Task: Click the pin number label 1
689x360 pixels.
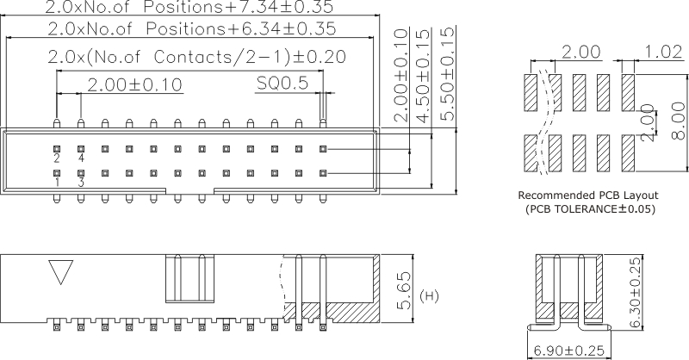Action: pos(56,183)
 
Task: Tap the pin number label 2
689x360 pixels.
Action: pos(56,158)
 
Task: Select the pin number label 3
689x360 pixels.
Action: pos(81,183)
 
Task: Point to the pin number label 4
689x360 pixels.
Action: pos(81,158)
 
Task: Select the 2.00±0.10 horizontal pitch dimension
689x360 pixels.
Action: pos(135,84)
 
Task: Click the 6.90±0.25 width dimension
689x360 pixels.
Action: pos(569,351)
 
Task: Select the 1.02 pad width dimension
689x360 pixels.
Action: pos(663,53)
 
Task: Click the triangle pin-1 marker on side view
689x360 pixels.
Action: pos(59,272)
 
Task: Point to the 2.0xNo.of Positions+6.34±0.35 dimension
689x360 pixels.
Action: pos(191,29)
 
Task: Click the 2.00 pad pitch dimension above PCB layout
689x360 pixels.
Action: pos(581,53)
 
